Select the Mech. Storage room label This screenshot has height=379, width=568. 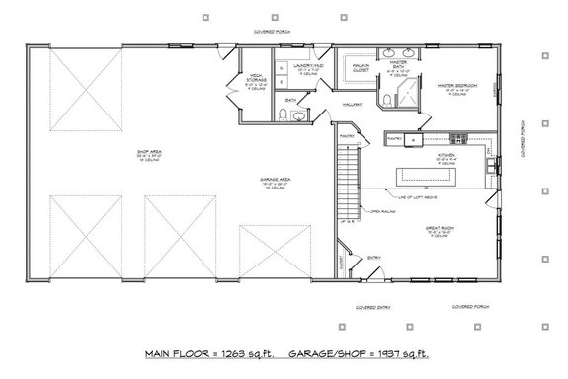click(255, 79)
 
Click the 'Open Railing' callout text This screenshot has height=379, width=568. click(383, 211)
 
